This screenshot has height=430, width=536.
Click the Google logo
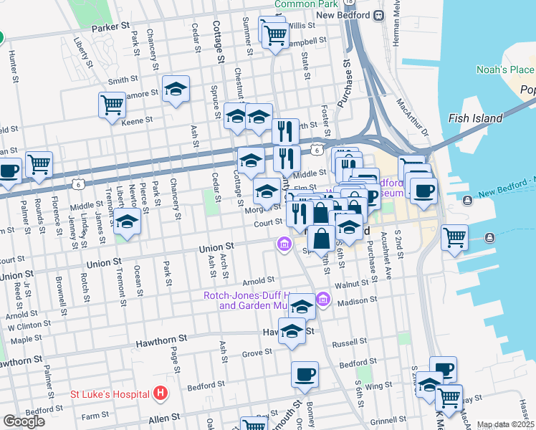click(x=24, y=421)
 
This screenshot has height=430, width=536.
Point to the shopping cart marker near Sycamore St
click(x=112, y=105)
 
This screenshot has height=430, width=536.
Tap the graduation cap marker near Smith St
click(x=176, y=89)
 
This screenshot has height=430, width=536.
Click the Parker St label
click(x=110, y=27)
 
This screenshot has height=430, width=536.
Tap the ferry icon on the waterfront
click(x=489, y=237)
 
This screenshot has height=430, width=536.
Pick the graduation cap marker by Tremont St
click(x=127, y=222)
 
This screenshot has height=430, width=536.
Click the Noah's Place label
click(x=506, y=70)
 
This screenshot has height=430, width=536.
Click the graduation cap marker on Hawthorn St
click(x=292, y=332)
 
